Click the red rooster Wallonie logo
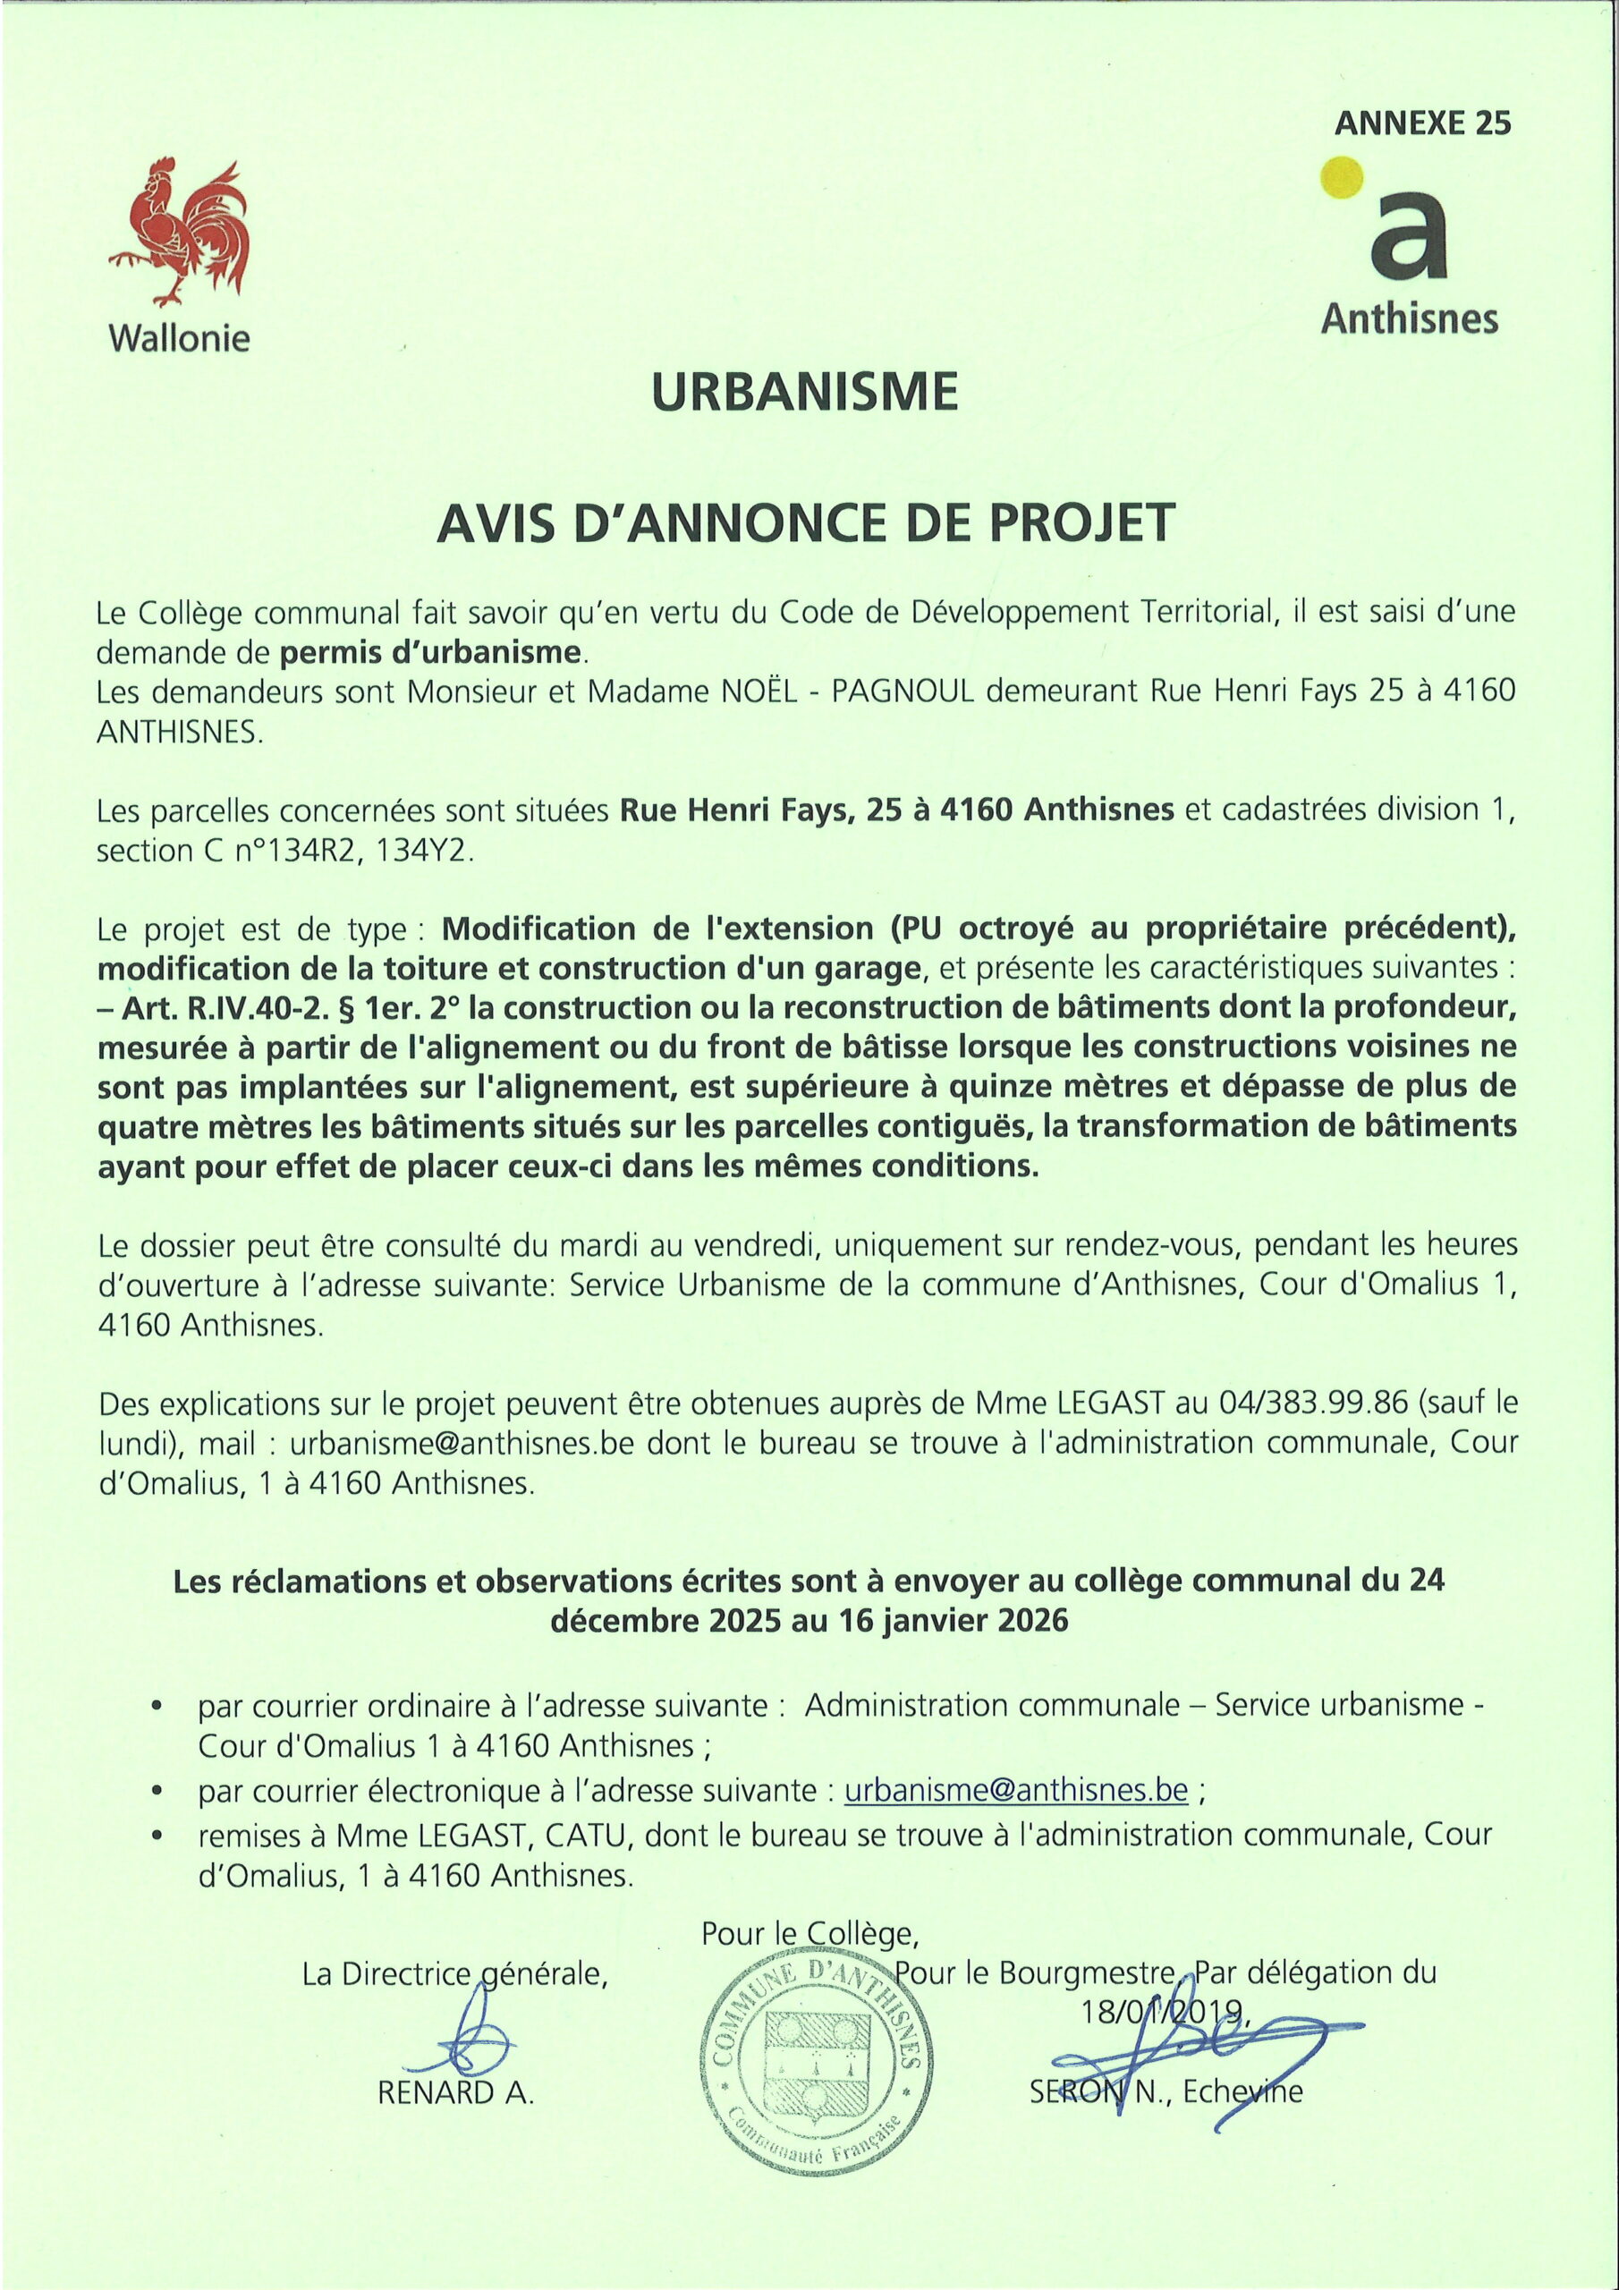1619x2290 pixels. [180, 233]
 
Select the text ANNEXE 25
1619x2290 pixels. [1422, 123]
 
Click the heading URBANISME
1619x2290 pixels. [804, 392]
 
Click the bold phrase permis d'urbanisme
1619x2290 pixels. [430, 652]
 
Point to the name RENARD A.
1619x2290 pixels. [456, 2092]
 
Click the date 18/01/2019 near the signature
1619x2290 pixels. [1163, 2011]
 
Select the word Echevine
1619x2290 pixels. [1243, 2091]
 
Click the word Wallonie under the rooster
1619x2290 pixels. [180, 338]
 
